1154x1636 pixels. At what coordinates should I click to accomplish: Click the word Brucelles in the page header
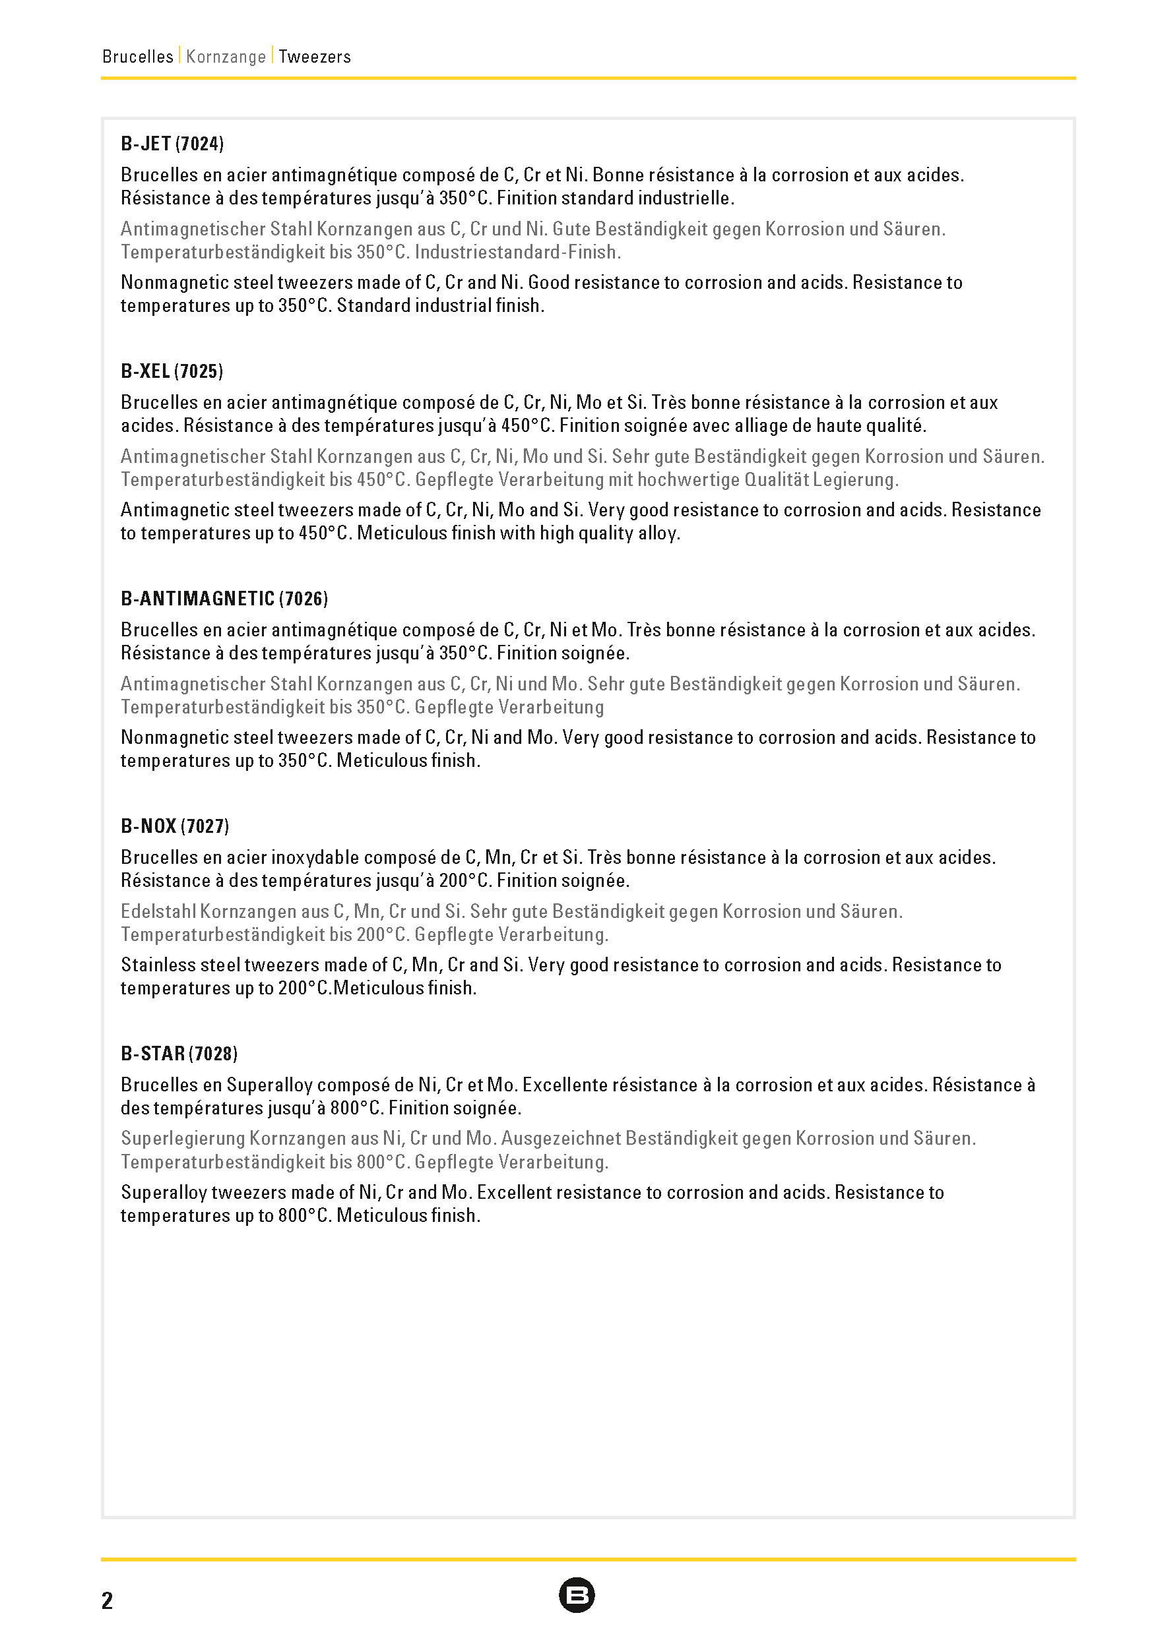pos(137,56)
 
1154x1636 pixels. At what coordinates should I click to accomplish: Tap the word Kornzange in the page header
pos(226,56)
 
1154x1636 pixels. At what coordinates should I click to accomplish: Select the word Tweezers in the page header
pos(314,56)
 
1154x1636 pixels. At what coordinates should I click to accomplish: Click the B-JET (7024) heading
pos(172,144)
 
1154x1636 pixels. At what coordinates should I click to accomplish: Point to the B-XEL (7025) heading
pos(172,371)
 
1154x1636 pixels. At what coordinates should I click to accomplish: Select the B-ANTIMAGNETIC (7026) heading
pos(224,599)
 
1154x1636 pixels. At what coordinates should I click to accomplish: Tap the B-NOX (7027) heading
pos(175,826)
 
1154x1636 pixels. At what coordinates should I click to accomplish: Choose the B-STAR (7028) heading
pos(179,1053)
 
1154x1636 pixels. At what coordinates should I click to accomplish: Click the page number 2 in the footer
pos(107,1600)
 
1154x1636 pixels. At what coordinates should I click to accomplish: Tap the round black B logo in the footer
pos(577,1595)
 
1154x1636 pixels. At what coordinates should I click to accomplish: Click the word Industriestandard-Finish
pos(517,253)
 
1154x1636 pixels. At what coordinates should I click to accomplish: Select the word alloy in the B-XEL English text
pos(658,533)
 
